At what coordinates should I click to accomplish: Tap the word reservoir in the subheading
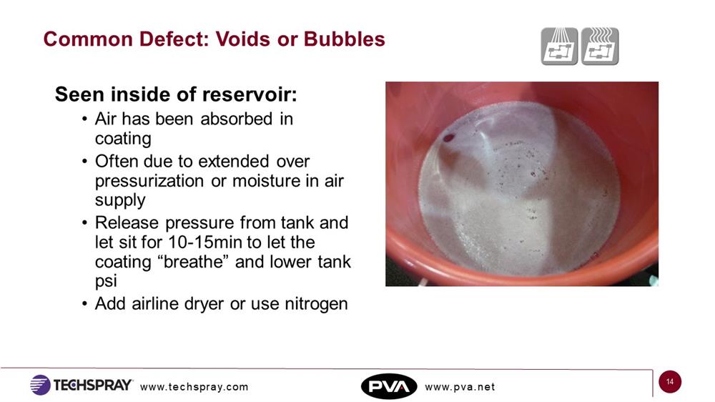(250, 94)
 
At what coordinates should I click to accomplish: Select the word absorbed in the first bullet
(236, 119)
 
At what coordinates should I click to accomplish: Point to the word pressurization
(149, 182)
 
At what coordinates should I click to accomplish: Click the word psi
(106, 282)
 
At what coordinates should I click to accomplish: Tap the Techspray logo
(82, 385)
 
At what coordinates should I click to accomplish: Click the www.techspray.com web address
(194, 387)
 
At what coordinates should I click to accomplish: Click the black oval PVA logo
(389, 386)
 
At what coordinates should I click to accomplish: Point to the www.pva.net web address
(460, 387)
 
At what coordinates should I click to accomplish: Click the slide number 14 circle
(670, 382)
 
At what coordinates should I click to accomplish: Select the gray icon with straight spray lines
(560, 46)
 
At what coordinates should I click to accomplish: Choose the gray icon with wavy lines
(600, 46)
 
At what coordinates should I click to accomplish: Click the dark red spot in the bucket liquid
(449, 138)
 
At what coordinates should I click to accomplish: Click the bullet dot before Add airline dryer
(84, 304)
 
